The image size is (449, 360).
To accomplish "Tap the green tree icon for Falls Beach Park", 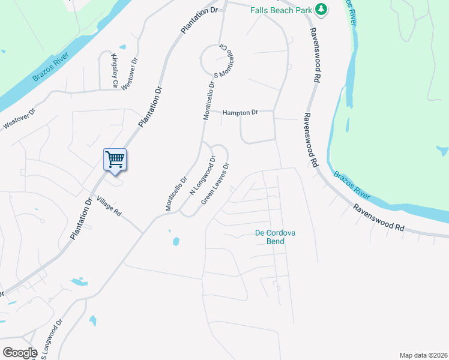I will coord(322,8).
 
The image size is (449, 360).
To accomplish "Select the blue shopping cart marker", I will coord(115,160).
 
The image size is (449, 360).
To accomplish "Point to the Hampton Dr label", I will coord(240,112).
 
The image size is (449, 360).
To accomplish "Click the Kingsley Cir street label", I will coord(114,71).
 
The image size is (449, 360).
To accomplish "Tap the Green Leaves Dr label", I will coord(215,184).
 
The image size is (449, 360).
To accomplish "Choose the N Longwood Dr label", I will coord(203,176).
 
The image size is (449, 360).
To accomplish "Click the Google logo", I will coord(20,352).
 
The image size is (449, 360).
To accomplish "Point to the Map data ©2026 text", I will coord(423,355).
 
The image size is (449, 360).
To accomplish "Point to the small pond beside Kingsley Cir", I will coord(122,47).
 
